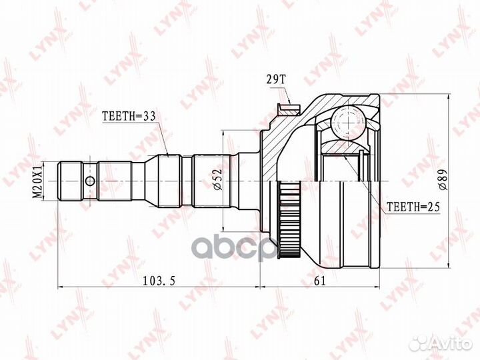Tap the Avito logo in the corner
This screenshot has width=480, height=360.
439,342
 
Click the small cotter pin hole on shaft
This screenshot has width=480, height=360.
89,181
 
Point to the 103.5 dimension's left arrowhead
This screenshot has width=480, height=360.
62,287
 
